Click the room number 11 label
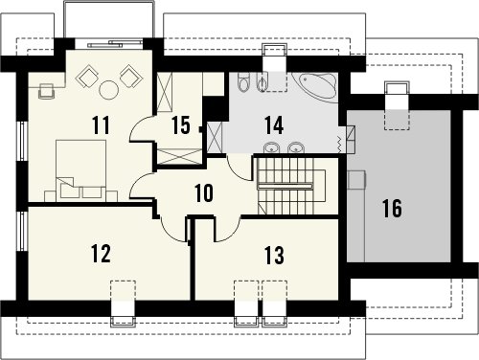[101, 124]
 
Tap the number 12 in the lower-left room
[101, 254]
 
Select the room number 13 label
[274, 256]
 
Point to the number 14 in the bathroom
[274, 125]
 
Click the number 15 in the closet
[181, 124]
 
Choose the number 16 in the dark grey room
[392, 209]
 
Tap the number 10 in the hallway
[204, 193]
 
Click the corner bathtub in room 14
[315, 85]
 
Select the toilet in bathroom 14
[243, 81]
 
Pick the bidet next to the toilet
[262, 82]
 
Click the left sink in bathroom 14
[272, 148]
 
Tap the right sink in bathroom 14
[296, 148]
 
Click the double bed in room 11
[81, 170]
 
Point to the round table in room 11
[109, 89]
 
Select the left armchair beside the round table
[86, 76]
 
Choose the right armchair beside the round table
[130, 76]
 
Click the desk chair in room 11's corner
[46, 91]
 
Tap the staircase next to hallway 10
[291, 186]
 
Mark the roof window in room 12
[123, 304]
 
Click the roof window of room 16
[397, 105]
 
